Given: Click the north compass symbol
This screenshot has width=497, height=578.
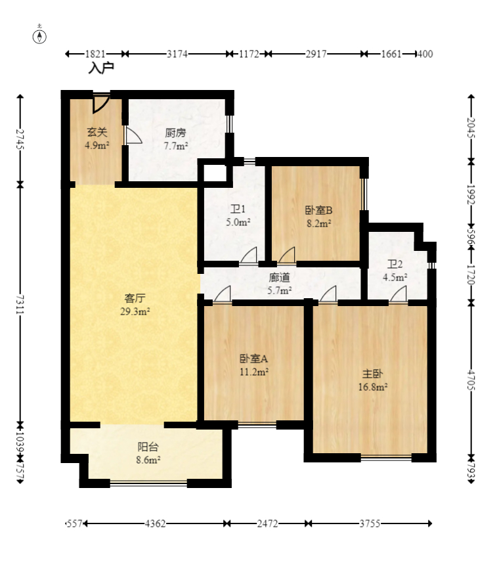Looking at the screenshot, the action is [x=39, y=35].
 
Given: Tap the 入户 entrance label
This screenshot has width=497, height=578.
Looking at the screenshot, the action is [x=101, y=68].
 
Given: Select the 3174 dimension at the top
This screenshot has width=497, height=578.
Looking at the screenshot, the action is [x=177, y=54].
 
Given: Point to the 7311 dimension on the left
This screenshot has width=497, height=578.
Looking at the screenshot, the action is [x=20, y=304].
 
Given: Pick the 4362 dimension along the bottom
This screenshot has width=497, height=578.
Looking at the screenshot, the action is [x=155, y=523].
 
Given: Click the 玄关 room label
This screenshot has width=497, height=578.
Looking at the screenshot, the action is [x=97, y=131].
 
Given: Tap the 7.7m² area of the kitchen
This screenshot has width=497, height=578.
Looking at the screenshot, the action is [x=176, y=146].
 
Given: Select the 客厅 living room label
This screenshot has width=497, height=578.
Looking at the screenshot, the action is [x=135, y=298].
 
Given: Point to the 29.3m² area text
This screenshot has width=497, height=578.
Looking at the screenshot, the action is [x=135, y=311].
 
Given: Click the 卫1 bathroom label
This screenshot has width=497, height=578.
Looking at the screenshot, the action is [x=238, y=210].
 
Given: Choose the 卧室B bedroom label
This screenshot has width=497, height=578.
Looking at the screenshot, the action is [x=318, y=210].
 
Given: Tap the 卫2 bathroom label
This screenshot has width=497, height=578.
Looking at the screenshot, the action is [x=395, y=264].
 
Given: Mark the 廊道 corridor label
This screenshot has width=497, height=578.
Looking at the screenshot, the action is [x=279, y=277].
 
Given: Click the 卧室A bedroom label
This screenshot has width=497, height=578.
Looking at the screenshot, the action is [x=254, y=359].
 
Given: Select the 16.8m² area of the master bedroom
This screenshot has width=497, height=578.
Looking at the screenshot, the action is [x=373, y=387].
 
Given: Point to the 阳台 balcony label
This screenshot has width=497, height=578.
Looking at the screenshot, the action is [x=148, y=447].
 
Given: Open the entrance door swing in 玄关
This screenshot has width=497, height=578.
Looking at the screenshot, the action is [x=101, y=104].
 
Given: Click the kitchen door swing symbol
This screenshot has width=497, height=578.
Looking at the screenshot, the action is [x=133, y=135].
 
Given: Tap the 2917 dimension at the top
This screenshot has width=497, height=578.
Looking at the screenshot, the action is [x=316, y=54].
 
